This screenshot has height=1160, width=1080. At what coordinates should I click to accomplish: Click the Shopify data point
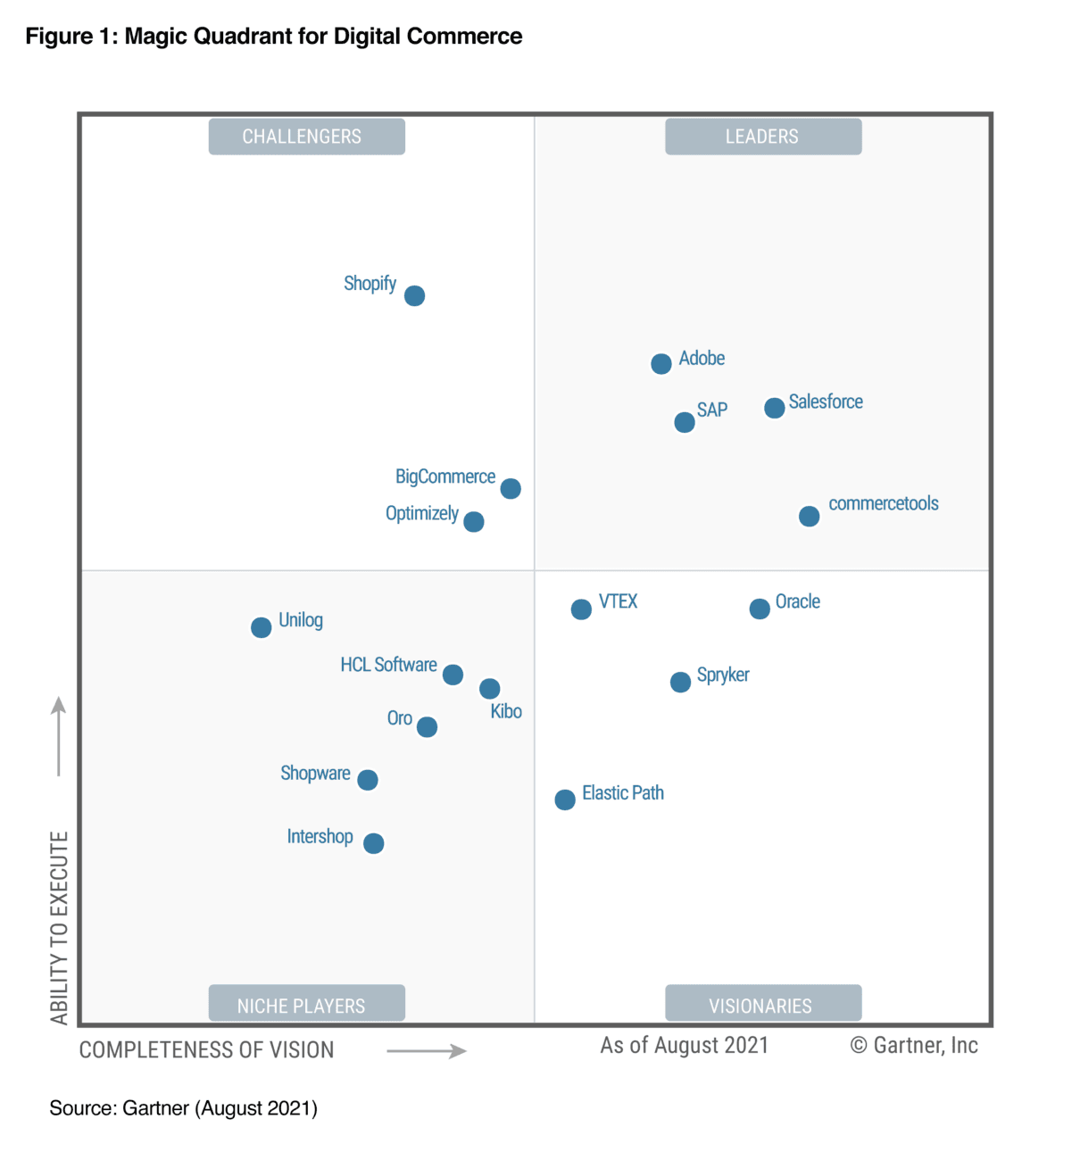pyautogui.click(x=414, y=295)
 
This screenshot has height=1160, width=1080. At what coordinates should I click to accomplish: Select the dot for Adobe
pyautogui.click(x=660, y=364)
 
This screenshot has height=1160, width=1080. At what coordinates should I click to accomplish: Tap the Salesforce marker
pyautogui.click(x=774, y=408)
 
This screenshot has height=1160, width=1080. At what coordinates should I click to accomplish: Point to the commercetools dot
pyautogui.click(x=809, y=516)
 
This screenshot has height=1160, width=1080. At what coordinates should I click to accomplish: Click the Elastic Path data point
pyautogui.click(x=565, y=800)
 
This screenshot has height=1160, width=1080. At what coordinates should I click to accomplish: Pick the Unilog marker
pyautogui.click(x=261, y=627)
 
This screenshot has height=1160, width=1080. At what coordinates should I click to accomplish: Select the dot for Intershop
pyautogui.click(x=374, y=843)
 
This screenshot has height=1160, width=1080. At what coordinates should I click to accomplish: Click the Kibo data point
pyautogui.click(x=489, y=689)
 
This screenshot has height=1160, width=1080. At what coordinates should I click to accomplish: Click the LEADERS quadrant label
pyautogui.click(x=763, y=137)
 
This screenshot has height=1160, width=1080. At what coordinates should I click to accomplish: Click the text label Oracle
pyautogui.click(x=797, y=601)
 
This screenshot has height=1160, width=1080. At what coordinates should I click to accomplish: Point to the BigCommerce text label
pyautogui.click(x=444, y=476)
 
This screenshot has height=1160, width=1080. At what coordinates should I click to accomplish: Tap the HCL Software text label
pyautogui.click(x=388, y=665)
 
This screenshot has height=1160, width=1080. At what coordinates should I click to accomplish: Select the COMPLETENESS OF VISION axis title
pyautogui.click(x=206, y=1050)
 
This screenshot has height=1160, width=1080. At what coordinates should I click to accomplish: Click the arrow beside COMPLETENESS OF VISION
pyautogui.click(x=427, y=1051)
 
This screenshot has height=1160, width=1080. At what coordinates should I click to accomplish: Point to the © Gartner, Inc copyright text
pyautogui.click(x=914, y=1046)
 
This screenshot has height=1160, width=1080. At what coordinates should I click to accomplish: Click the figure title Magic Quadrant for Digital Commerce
pyautogui.click(x=273, y=37)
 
